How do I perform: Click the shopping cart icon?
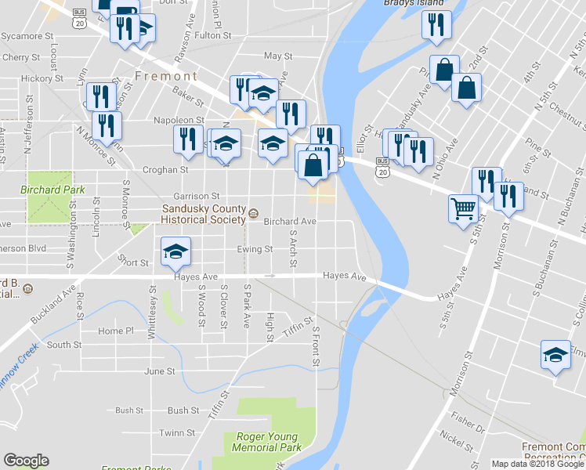463,208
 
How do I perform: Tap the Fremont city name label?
166,76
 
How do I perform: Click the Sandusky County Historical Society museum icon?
252,214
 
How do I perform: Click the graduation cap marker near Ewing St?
175,251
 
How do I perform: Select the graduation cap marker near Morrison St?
555,354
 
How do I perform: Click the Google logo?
26,461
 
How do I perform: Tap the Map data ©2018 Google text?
537,464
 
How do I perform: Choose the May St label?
278,56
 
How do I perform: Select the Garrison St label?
191,196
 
